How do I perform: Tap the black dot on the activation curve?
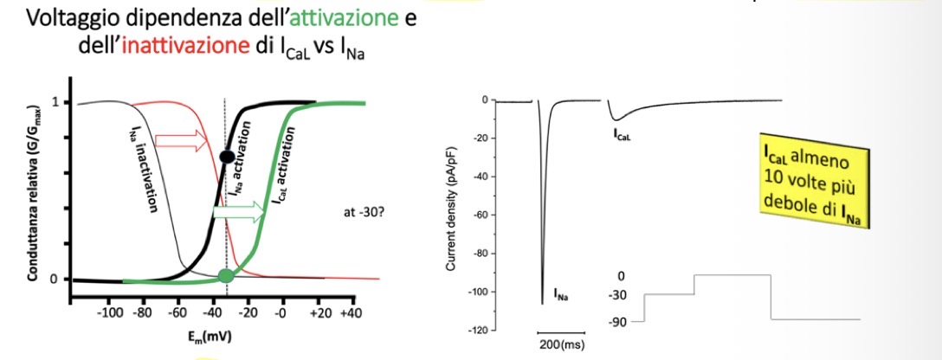click(x=226, y=157)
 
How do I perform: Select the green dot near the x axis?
click(x=226, y=276)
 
